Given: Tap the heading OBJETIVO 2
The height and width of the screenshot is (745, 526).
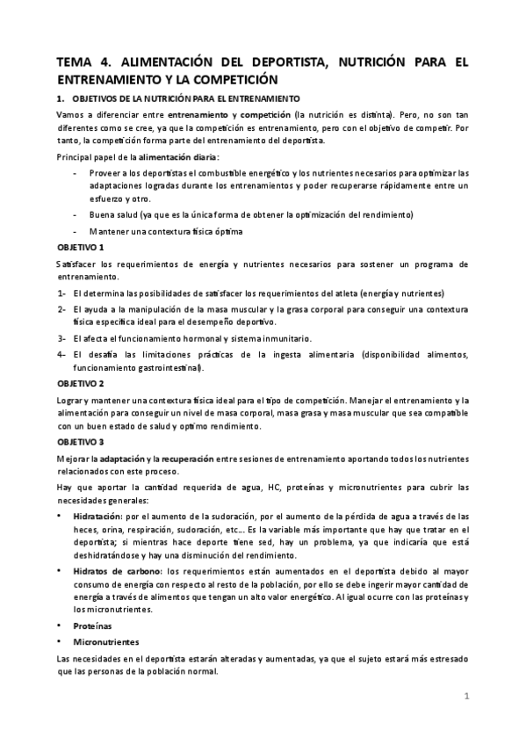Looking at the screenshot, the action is coord(81,384).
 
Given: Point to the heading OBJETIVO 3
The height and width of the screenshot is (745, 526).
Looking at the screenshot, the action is coord(81,441).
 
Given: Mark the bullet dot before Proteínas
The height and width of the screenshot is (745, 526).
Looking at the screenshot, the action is coord(60,626).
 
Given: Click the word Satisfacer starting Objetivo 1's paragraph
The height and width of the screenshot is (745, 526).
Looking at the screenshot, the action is coord(79,264).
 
